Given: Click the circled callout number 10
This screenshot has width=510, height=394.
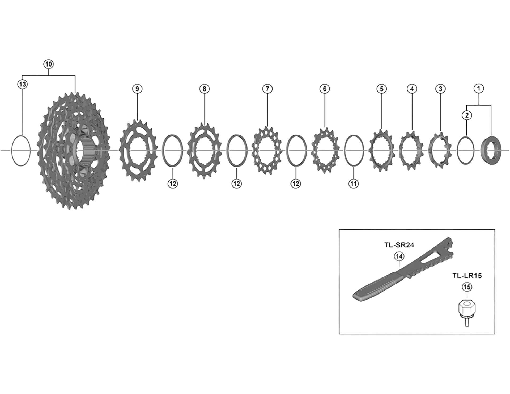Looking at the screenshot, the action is coord(48,64).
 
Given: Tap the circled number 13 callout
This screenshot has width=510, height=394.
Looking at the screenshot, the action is coord(22,84).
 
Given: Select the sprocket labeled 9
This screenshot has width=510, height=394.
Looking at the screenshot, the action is coord(137,151).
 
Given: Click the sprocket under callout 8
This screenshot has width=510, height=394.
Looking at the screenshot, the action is coord(204,151).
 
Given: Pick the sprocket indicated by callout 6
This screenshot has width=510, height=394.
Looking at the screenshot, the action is coord(325,150).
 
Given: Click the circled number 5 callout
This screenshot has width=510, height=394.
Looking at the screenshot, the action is coord(382,89).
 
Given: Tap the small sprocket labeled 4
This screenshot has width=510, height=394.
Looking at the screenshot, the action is coord(411,150).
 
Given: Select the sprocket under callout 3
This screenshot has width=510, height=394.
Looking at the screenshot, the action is coord(440,150).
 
